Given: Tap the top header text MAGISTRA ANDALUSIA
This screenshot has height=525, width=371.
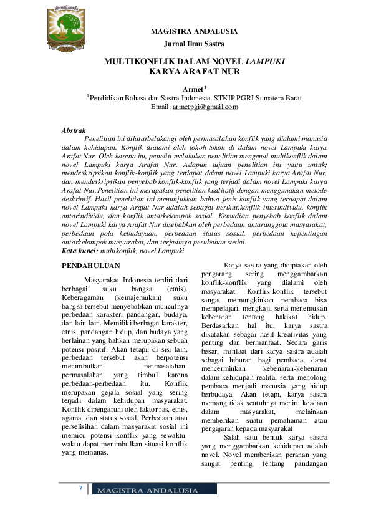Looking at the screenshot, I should (x=194, y=31).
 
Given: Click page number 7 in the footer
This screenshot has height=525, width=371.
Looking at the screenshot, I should (x=80, y=486).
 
